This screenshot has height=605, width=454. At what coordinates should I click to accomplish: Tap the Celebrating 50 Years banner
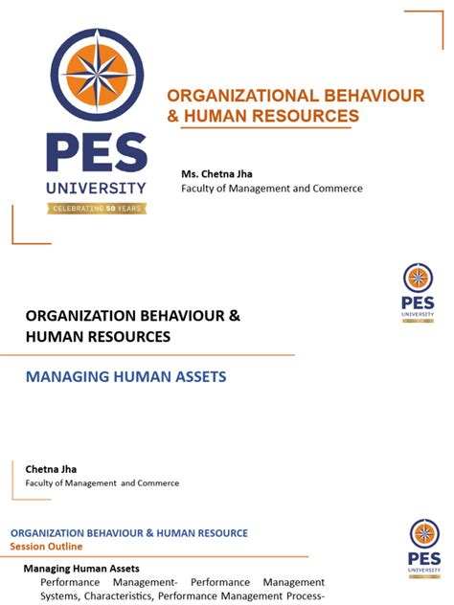pyautogui.click(x=97, y=208)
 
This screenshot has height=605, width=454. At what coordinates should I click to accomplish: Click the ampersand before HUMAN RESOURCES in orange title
pyautogui.click(x=173, y=116)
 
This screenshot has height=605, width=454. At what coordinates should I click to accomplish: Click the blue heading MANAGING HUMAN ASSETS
pyautogui.click(x=125, y=377)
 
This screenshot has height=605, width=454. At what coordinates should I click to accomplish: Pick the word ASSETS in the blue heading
pyautogui.click(x=200, y=377)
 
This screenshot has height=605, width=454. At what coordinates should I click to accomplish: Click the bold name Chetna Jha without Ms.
pyautogui.click(x=51, y=468)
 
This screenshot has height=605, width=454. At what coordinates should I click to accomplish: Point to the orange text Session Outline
pyautogui.click(x=46, y=547)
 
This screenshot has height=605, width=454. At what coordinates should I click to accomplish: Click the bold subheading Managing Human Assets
pyautogui.click(x=81, y=568)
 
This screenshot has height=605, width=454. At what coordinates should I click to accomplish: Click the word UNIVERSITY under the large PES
pyautogui.click(x=97, y=188)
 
